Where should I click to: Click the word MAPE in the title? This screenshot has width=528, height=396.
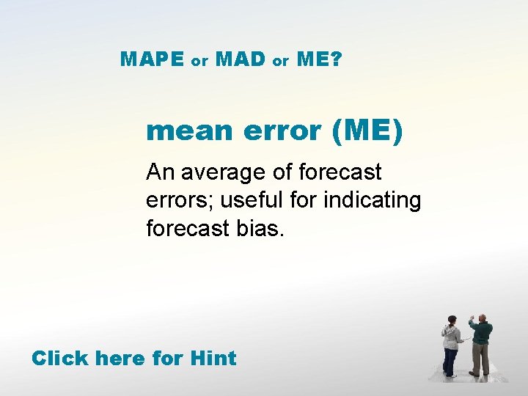pos(152,60)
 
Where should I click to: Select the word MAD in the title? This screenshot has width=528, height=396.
pos(241,60)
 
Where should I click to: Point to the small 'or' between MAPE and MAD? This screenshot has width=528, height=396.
pos(199,62)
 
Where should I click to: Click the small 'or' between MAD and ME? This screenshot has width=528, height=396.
pos(281,62)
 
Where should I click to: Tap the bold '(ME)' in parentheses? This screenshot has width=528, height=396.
pos(367,131)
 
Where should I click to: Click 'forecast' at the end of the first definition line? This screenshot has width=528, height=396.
pos(340,172)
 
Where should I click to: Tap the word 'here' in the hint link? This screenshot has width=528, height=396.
pos(121,359)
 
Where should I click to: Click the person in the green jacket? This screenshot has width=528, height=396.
pos(480,342)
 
